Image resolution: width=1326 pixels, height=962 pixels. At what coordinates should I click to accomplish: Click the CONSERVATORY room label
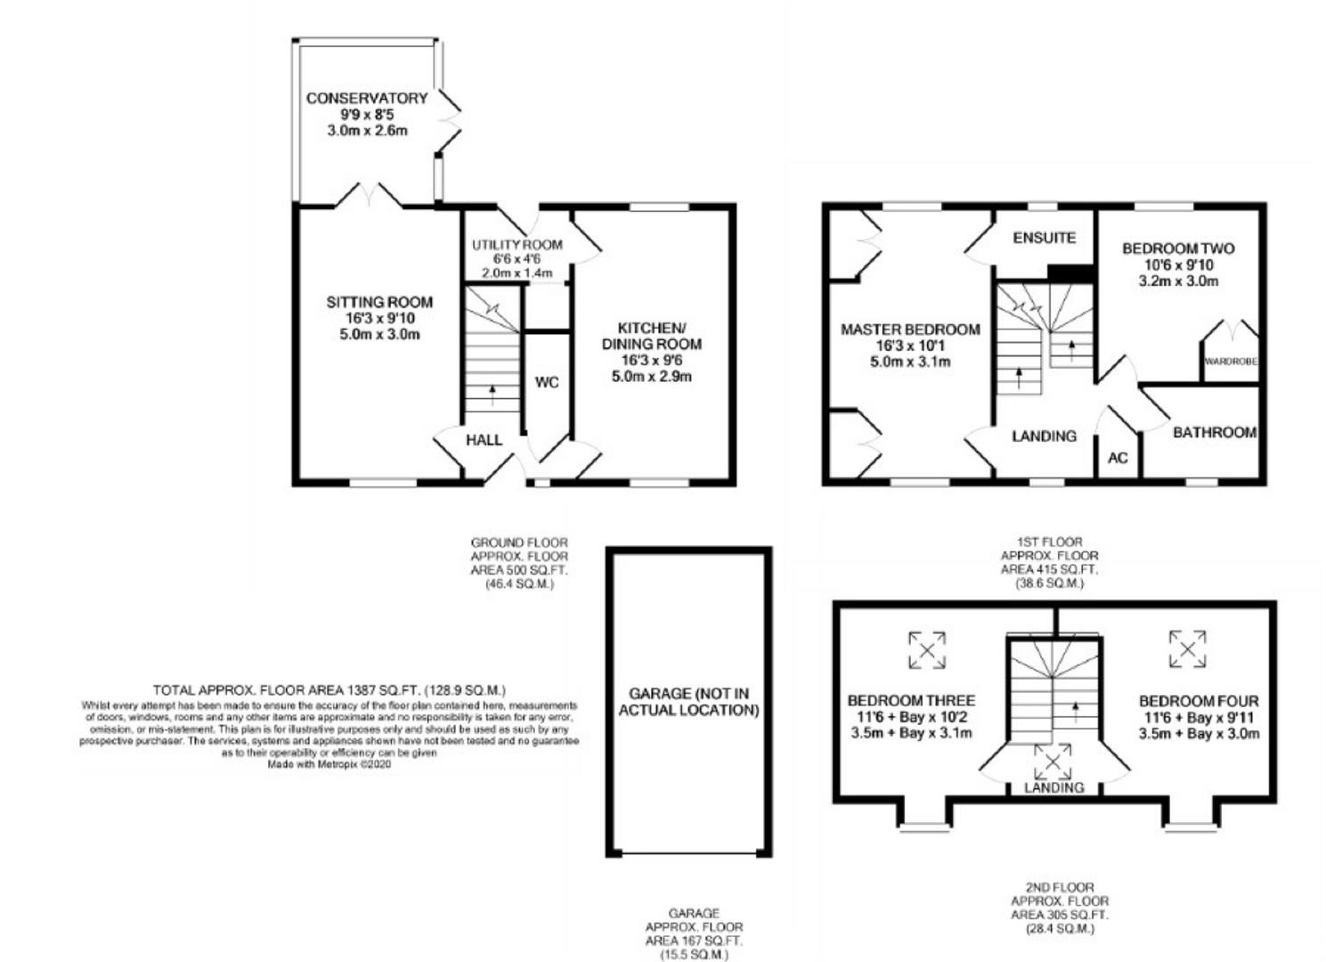pos(367,98)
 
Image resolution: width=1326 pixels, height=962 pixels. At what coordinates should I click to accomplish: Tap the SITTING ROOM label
pos(379,303)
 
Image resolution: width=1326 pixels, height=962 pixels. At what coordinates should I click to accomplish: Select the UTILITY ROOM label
pos(517,245)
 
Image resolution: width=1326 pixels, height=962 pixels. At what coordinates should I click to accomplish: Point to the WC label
pos(547,382)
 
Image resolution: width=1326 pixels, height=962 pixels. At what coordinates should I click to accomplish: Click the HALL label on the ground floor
pos(484,440)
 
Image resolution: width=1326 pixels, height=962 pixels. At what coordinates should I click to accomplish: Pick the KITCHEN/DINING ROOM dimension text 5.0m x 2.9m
pos(652,376)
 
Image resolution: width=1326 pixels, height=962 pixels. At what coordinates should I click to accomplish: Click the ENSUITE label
pos(1045,238)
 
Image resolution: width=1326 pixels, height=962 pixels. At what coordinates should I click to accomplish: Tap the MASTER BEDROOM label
pos(910,330)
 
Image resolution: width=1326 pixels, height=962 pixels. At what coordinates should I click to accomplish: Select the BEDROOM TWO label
pos(1178,249)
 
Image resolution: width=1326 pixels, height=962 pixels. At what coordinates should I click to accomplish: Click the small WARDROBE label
pos(1231,362)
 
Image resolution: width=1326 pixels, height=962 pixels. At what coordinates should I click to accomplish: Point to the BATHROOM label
pos(1214,433)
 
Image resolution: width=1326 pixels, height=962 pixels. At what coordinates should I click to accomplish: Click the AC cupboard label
pos(1118,458)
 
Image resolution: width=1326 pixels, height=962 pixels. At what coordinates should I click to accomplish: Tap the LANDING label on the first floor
pos(1044,436)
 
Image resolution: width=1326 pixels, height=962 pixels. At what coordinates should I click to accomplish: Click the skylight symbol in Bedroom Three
pos(927,649)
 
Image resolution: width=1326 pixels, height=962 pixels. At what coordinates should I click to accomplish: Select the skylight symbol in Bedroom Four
pos(1187,648)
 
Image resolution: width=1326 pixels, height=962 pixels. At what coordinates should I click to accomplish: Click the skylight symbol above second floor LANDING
pos(1053,762)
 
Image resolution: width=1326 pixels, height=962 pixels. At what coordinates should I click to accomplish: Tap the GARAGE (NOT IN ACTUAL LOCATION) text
pos(689,702)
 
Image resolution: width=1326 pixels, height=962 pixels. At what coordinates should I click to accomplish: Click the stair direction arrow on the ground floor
pos(492,393)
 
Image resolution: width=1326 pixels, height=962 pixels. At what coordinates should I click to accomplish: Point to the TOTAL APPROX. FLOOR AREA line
pos(329,690)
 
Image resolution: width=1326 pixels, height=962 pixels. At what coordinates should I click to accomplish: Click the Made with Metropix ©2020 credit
pos(329,763)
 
